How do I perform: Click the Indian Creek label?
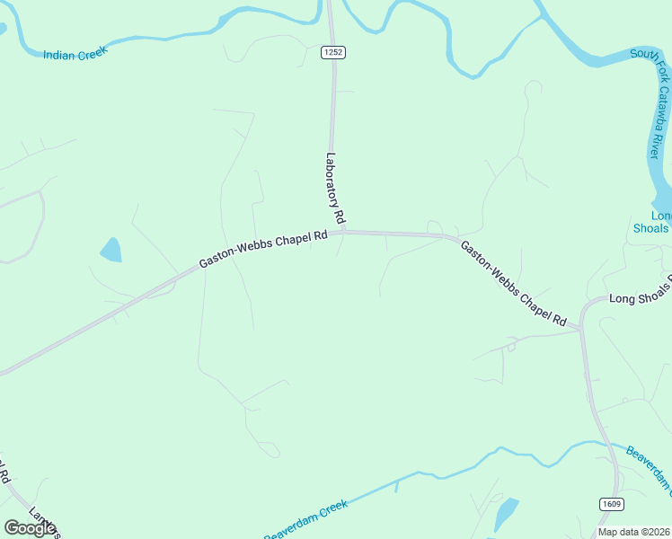click(x=75, y=53)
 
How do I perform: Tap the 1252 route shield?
click(x=332, y=53)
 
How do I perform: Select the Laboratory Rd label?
click(x=335, y=188)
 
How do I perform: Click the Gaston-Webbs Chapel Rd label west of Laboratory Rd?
click(x=262, y=248)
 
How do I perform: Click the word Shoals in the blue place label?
click(x=650, y=228)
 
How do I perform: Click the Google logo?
click(x=30, y=527)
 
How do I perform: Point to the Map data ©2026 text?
click(x=633, y=532)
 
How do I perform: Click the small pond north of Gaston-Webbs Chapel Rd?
click(x=111, y=250)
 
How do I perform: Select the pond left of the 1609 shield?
click(x=506, y=513)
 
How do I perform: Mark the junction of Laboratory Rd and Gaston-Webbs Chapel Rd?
click(x=340, y=233)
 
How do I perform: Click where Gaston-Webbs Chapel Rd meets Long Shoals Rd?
click(x=581, y=328)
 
